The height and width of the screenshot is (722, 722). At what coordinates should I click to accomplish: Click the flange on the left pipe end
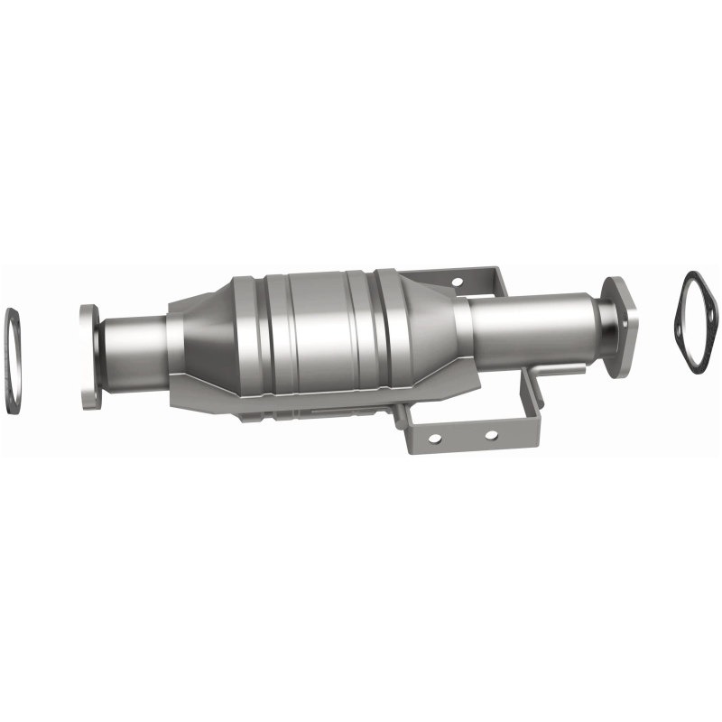click(88, 357)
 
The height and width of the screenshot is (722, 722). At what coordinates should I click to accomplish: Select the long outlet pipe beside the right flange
click(532, 325)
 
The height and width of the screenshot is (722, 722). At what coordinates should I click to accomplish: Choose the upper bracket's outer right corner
click(495, 271)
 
